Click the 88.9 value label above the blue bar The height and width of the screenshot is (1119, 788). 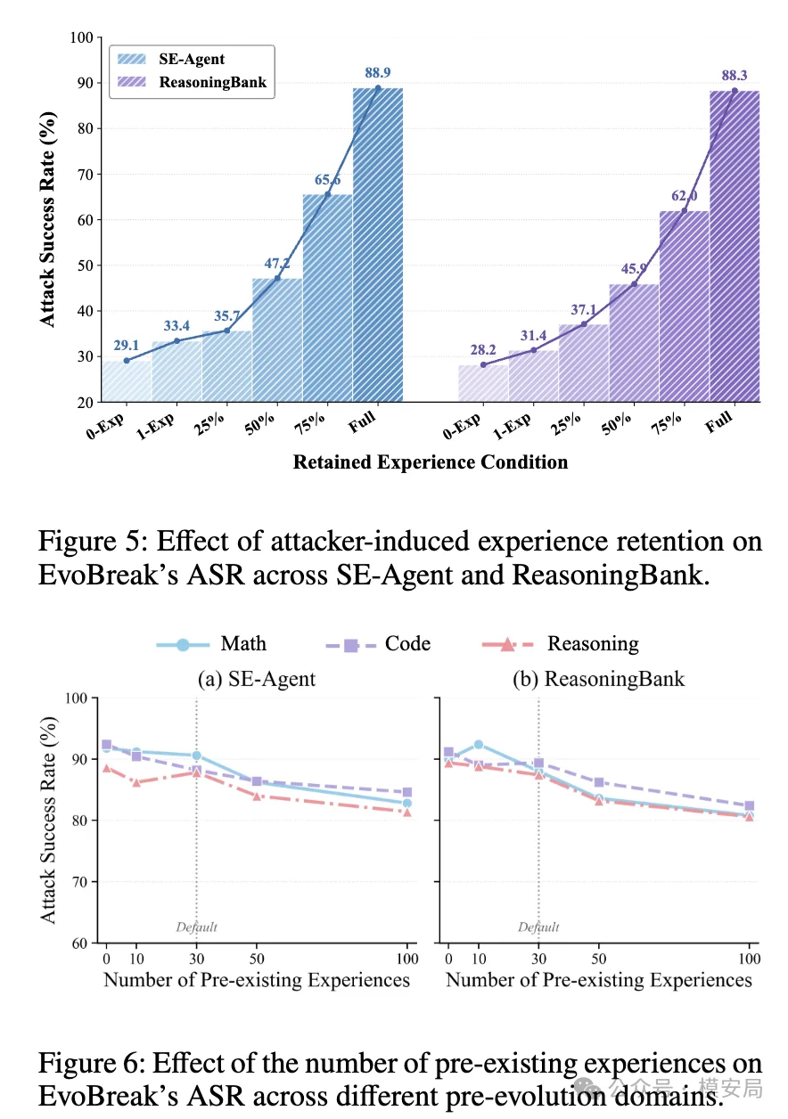pyautogui.click(x=377, y=73)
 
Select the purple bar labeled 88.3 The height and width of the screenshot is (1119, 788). pyautogui.click(x=734, y=246)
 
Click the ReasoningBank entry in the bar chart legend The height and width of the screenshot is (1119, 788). pyautogui.click(x=192, y=82)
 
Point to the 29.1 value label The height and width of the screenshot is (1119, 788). pyautogui.click(x=126, y=345)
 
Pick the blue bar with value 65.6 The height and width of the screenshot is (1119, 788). pyautogui.click(x=327, y=298)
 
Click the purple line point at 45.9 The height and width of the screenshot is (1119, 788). pyautogui.click(x=634, y=283)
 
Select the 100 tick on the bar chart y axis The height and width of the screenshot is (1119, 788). pyautogui.click(x=81, y=37)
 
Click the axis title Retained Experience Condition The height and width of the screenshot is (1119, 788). pyautogui.click(x=431, y=462)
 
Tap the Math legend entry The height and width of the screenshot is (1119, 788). pyautogui.click(x=211, y=644)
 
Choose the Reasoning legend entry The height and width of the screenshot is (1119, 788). pyautogui.click(x=560, y=644)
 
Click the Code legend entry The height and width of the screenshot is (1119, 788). pyautogui.click(x=378, y=644)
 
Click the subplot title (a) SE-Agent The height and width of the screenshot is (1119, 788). pyautogui.click(x=257, y=679)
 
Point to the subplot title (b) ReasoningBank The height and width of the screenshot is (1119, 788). pyautogui.click(x=599, y=679)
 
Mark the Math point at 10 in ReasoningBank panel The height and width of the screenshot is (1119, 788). pyautogui.click(x=478, y=744)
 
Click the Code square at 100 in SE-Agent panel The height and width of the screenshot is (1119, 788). pyautogui.click(x=407, y=792)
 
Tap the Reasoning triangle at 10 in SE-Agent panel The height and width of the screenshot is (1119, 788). pyautogui.click(x=135, y=782)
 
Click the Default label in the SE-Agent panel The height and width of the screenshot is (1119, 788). pyautogui.click(x=196, y=927)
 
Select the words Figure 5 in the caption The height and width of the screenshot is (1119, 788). pyautogui.click(x=93, y=542)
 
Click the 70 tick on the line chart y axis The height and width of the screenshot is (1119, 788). pyautogui.click(x=80, y=882)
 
